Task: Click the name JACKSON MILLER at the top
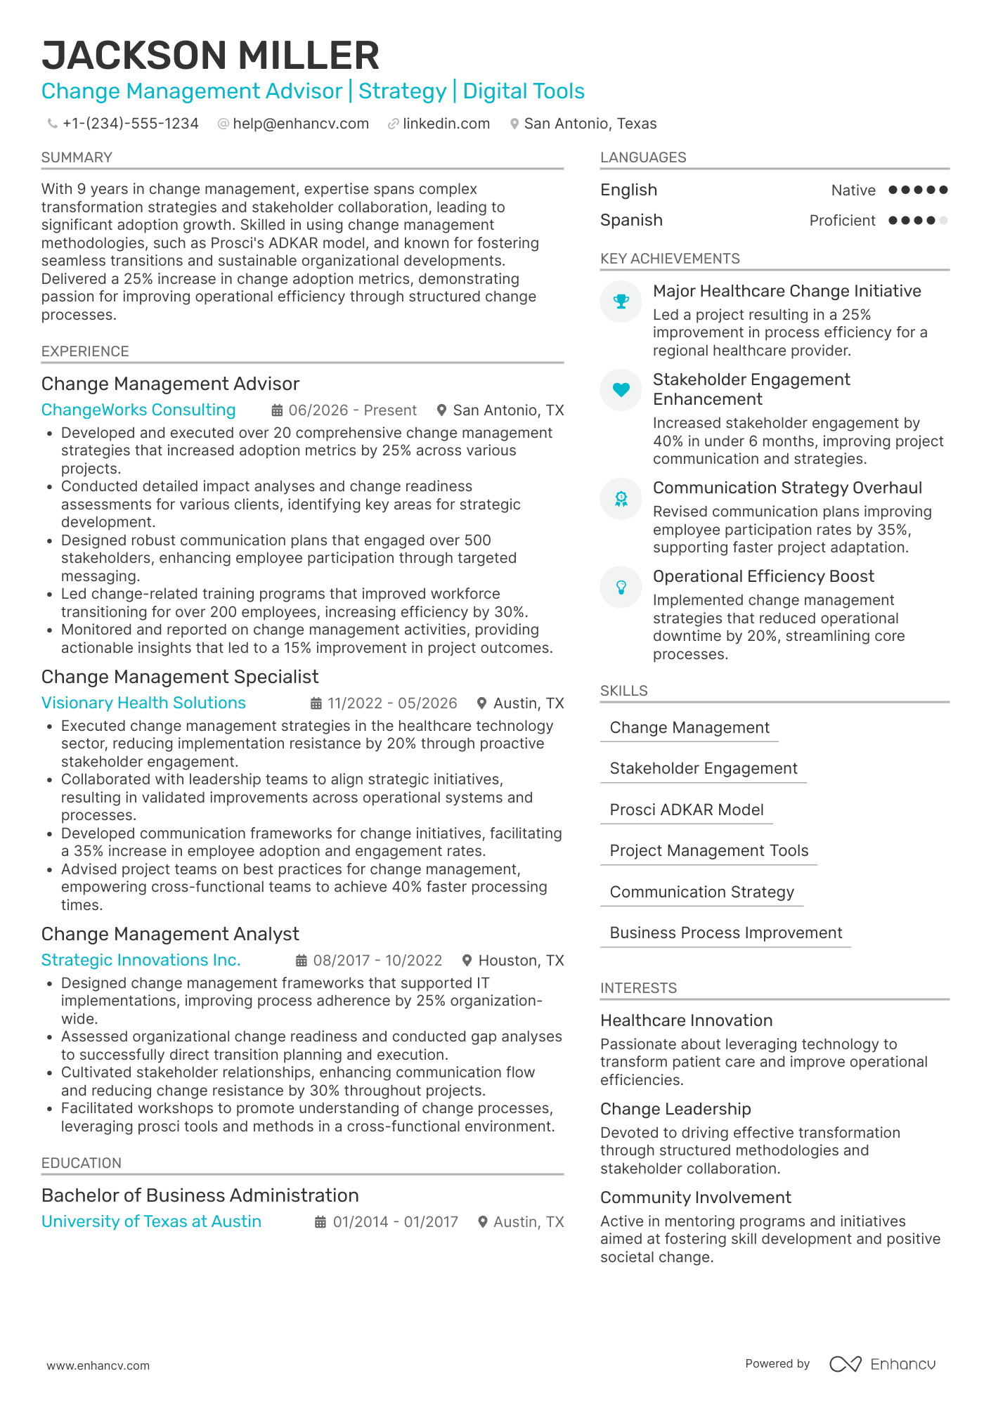pos(210,56)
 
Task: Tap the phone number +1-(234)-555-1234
pos(130,124)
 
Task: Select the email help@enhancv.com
pos(301,124)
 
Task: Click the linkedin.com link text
pos(446,124)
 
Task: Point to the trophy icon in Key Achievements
pos(621,301)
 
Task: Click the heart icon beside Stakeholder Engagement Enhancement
pos(621,390)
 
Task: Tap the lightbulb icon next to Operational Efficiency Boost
pos(621,587)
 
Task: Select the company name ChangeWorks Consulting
pos(138,410)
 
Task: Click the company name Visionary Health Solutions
pos(143,703)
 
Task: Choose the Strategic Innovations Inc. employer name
pos(141,960)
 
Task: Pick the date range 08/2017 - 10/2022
pos(377,961)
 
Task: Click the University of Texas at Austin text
pos(151,1221)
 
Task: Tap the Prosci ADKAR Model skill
pos(687,810)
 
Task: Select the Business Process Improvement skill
pos(726,933)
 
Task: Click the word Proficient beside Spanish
pos(842,221)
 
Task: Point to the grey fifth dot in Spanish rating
pos(943,221)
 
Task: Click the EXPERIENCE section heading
pos(85,351)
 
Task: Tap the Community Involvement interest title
pos(695,1197)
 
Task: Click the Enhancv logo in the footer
pos(883,1364)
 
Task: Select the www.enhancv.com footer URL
pos(98,1365)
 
